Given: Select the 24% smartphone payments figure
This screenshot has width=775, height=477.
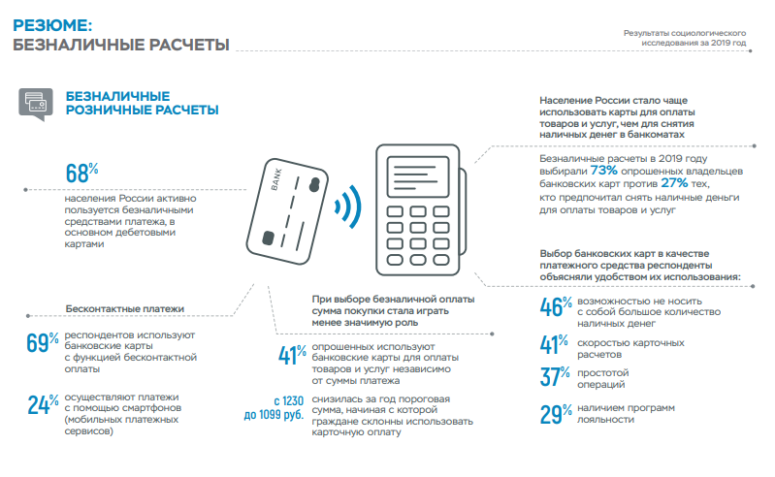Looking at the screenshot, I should (x=44, y=404).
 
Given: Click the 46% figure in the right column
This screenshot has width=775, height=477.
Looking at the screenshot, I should (x=557, y=306).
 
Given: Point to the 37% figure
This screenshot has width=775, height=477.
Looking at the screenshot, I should (x=557, y=377).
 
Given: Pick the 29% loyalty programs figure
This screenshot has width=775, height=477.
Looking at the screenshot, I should (x=557, y=414).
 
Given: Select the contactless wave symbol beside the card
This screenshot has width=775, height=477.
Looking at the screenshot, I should (x=347, y=206).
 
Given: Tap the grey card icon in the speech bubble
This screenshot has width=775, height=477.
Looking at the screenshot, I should (x=35, y=102).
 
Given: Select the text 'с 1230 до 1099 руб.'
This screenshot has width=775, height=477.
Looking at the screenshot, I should (x=280, y=408).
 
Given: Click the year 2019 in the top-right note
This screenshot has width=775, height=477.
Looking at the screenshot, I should (x=718, y=43).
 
